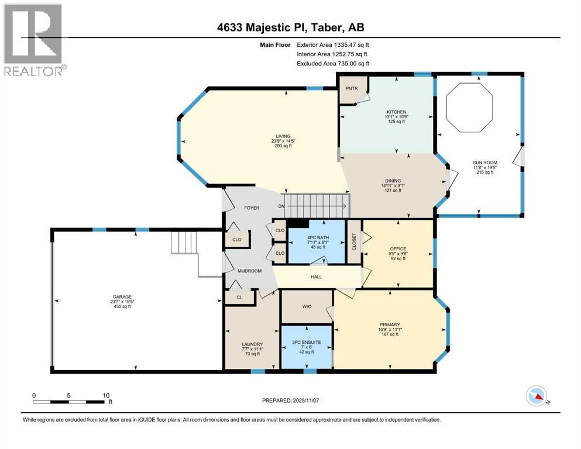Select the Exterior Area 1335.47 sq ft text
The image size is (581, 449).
333,45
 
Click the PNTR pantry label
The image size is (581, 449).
352,88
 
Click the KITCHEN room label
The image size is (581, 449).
397,112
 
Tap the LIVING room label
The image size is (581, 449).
283,136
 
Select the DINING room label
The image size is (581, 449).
393,181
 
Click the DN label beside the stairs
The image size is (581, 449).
281,206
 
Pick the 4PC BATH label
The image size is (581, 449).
318,237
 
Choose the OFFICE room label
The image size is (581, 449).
398,248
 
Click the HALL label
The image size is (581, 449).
317,277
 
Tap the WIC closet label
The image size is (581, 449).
307,306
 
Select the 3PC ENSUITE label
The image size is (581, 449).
307,343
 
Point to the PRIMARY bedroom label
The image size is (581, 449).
390,324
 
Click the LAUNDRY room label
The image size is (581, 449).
252,344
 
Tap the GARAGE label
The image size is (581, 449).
122,297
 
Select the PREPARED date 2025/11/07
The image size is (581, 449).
290,400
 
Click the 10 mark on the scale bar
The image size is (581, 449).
106,395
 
